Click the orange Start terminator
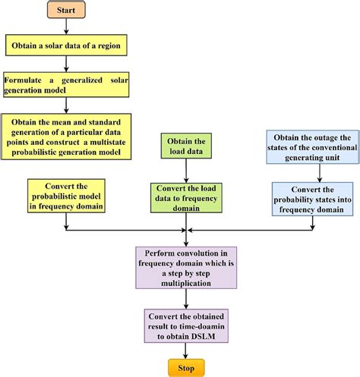(67, 11)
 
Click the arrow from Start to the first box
(67, 28)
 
